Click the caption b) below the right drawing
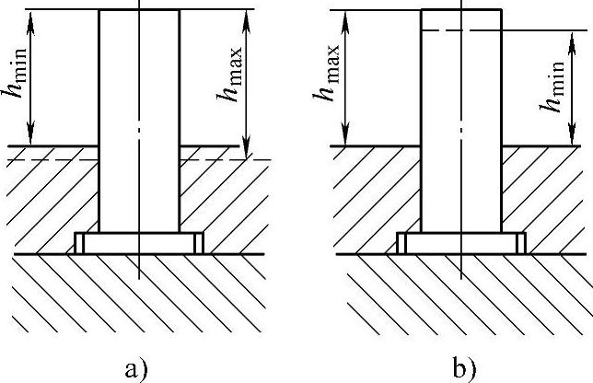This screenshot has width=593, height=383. click(x=465, y=369)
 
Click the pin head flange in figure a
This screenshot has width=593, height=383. click(x=138, y=243)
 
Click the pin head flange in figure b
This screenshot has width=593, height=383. click(x=461, y=243)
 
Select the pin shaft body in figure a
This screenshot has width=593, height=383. click(x=138, y=120)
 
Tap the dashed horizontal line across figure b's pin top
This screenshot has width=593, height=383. click(x=460, y=30)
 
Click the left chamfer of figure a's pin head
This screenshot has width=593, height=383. click(x=78, y=243)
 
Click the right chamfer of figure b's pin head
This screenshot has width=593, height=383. click(x=522, y=243)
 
